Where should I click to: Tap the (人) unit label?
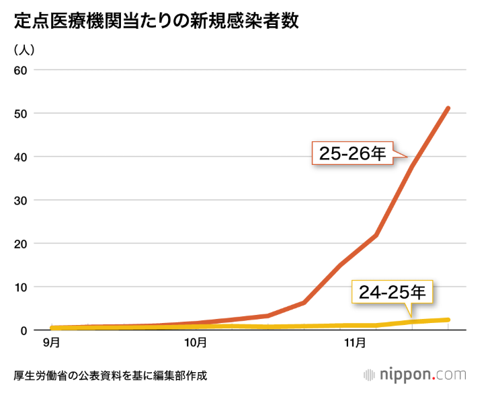[x=24, y=50]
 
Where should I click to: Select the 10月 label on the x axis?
[x=195, y=343]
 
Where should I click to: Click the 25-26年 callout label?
[x=352, y=154]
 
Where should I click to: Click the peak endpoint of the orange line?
[x=448, y=108]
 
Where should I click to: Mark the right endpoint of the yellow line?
[x=448, y=320]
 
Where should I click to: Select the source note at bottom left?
[x=110, y=375]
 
